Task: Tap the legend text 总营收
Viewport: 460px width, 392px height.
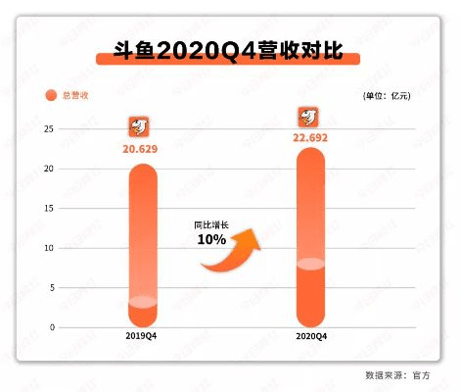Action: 75,95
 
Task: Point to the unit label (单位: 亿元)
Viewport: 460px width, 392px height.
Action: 387,95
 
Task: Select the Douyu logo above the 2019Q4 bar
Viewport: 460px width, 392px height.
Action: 141,126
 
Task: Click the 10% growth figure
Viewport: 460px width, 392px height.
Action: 211,239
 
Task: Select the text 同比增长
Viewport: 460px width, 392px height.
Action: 211,224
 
